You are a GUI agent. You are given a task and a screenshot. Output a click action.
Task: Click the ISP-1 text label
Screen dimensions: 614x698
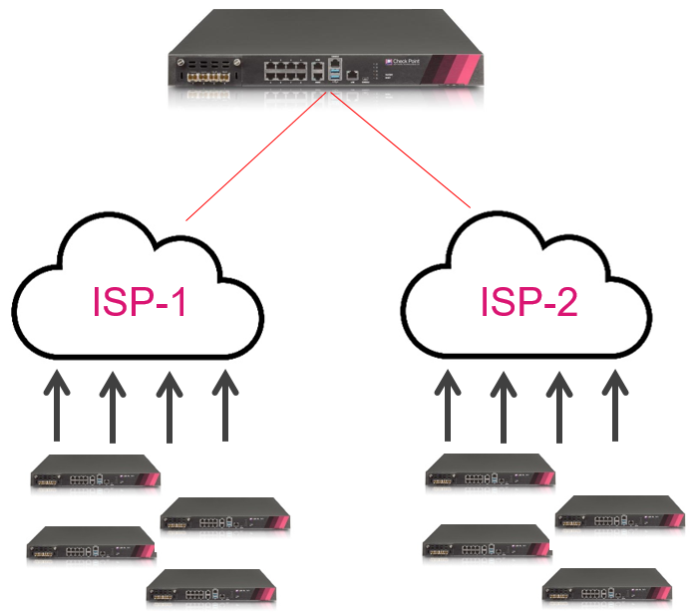pyautogui.click(x=140, y=302)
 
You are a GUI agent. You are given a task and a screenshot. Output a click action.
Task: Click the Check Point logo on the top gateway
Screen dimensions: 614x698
pyautogui.click(x=427, y=60)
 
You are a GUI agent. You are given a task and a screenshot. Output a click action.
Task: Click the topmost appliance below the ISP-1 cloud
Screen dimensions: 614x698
pyautogui.click(x=95, y=471)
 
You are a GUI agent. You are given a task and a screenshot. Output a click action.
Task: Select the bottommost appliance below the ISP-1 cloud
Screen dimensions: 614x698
pyautogui.click(x=208, y=589)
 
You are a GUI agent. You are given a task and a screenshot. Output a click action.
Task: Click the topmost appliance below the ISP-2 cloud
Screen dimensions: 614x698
pyautogui.click(x=490, y=471)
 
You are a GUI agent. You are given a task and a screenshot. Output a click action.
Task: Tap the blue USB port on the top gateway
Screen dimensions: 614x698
pyautogui.click(x=336, y=74)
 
